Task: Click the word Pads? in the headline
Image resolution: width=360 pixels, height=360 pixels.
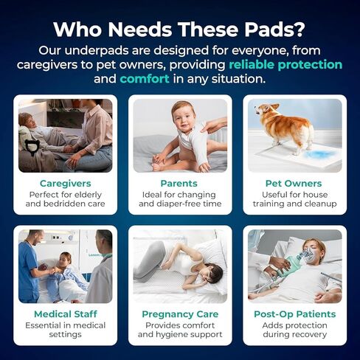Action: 274,30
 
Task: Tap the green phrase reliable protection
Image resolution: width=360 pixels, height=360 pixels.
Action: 285,65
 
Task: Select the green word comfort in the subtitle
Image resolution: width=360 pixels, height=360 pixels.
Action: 145,79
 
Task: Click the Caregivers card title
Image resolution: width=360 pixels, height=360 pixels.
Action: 66,184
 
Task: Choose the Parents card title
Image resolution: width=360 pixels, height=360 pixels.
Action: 179,184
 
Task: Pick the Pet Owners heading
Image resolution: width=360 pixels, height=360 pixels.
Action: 294,184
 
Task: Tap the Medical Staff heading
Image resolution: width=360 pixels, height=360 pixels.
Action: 66,314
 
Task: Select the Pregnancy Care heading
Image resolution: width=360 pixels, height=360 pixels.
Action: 180,314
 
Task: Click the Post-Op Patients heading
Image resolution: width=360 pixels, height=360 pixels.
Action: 295,314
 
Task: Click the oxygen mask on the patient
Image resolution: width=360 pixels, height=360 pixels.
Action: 306,257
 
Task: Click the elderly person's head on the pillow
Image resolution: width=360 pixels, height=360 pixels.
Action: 26,121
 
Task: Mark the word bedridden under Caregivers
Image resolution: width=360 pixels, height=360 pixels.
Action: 61,204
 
